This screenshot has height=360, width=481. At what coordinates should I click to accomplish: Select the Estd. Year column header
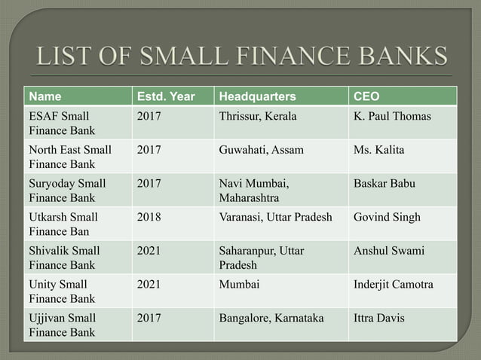pyautogui.click(x=164, y=96)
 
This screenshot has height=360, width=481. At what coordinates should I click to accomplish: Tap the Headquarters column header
pyautogui.click(x=257, y=96)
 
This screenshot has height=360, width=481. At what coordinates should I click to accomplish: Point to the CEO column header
pyautogui.click(x=367, y=96)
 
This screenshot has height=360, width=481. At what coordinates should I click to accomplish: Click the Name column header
pyautogui.click(x=46, y=96)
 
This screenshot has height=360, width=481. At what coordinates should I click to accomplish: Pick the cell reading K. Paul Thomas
pyautogui.click(x=392, y=117)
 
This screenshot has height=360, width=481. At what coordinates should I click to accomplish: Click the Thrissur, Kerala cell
pyautogui.click(x=257, y=117)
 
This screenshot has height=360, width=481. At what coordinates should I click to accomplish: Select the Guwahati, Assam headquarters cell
pyautogui.click(x=261, y=150)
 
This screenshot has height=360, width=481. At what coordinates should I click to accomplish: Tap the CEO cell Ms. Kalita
pyautogui.click(x=378, y=150)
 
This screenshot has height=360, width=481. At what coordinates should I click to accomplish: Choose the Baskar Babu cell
pyautogui.click(x=384, y=183)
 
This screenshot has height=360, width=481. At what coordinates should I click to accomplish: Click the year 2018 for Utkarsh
pyautogui.click(x=149, y=217)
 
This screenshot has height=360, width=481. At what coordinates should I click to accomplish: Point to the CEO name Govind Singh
pyautogui.click(x=387, y=217)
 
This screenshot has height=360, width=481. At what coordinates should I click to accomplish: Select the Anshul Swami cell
pyautogui.click(x=388, y=251)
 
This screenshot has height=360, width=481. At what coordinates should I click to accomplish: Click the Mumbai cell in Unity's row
pyautogui.click(x=239, y=285)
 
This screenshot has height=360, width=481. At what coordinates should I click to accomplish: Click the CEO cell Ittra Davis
pyautogui.click(x=378, y=318)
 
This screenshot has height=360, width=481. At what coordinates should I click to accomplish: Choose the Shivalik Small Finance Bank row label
pyautogui.click(x=64, y=258)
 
